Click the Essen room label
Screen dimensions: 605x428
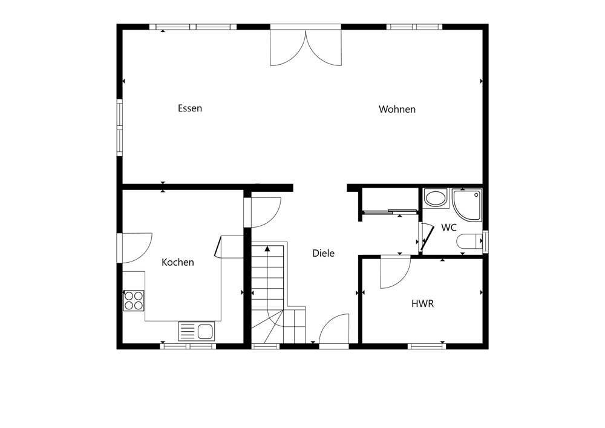click(190, 108)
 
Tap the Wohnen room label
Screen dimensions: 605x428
click(397, 109)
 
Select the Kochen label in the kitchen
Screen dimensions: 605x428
click(177, 263)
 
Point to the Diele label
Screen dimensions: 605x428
click(323, 253)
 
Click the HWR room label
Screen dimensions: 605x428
click(422, 304)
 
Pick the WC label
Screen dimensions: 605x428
click(449, 228)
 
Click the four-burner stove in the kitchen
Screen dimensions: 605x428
click(134, 301)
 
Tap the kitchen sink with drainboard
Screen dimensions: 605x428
click(197, 331)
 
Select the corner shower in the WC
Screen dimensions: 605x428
click(467, 205)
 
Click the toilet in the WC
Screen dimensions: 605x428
click(469, 242)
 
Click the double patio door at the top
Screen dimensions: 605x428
click(306, 45)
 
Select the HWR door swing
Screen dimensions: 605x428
click(395, 272)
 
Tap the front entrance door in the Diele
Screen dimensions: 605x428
click(334, 329)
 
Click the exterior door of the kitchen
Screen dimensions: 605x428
click(135, 248)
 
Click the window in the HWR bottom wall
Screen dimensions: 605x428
click(427, 346)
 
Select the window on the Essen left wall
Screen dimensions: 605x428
click(120, 128)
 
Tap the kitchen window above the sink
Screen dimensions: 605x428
click(188, 346)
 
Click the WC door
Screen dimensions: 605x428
click(425, 237)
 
